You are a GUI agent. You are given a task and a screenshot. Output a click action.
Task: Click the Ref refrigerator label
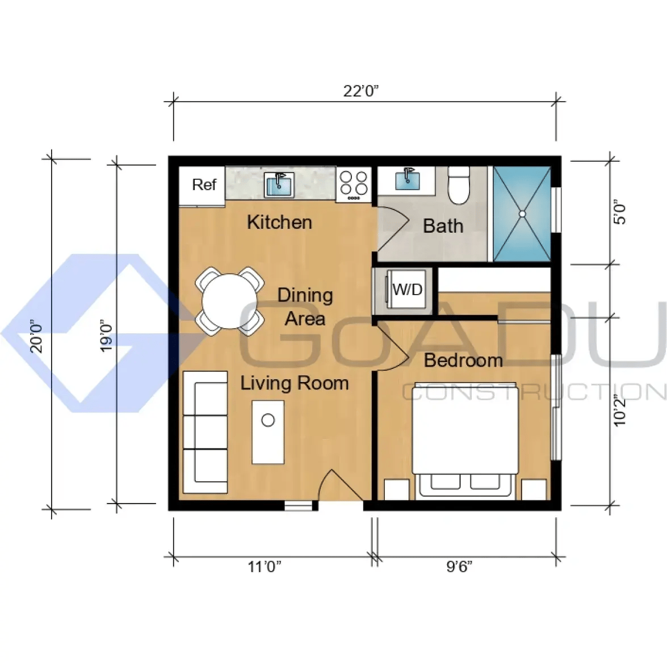pyautogui.click(x=204, y=184)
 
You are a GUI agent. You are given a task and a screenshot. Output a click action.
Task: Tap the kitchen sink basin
pyautogui.click(x=279, y=185)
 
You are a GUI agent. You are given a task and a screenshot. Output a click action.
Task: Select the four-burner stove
pyautogui.click(x=354, y=184)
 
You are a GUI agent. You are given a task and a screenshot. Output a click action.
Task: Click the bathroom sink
pyautogui.click(x=407, y=179)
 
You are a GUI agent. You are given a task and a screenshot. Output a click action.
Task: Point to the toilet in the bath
pyautogui.click(x=459, y=185)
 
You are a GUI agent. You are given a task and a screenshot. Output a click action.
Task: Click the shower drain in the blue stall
pyautogui.click(x=522, y=214)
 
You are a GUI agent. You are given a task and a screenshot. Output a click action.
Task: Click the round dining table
pyautogui.click(x=230, y=301)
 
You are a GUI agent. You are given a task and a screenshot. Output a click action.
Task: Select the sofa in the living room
pyautogui.click(x=205, y=432)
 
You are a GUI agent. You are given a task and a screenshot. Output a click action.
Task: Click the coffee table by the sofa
pyautogui.click(x=268, y=432)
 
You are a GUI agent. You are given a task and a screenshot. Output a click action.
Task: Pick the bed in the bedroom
pyautogui.click(x=465, y=440)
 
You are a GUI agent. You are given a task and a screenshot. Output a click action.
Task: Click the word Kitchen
pyautogui.click(x=279, y=223)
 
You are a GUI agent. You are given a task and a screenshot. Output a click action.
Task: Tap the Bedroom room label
pyautogui.click(x=463, y=360)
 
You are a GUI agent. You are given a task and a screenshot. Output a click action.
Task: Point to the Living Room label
pyautogui.click(x=295, y=383)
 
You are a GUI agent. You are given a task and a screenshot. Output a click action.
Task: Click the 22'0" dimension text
pyautogui.click(x=360, y=91)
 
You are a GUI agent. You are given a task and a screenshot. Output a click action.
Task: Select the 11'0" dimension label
pyautogui.click(x=265, y=567)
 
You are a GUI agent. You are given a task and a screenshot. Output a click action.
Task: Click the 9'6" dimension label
pyautogui.click(x=459, y=567)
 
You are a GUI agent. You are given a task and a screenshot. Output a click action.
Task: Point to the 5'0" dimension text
pyautogui.click(x=620, y=212)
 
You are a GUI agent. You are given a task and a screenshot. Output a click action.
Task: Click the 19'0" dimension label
pyautogui.click(x=106, y=335)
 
